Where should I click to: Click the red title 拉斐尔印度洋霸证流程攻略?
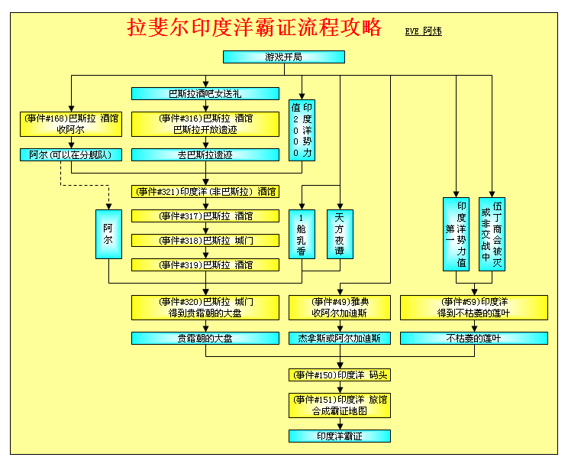click(x=254, y=28)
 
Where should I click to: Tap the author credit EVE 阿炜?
click(x=423, y=31)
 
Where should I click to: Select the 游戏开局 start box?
click(x=284, y=57)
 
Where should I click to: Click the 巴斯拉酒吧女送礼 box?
click(x=205, y=93)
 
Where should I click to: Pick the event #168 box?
click(x=71, y=124)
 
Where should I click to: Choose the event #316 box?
click(x=205, y=124)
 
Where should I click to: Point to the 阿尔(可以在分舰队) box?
click(x=71, y=155)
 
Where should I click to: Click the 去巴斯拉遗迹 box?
click(x=205, y=155)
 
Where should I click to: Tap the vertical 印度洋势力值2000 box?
click(x=302, y=130)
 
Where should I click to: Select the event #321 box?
click(x=205, y=191)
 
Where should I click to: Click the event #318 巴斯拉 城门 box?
click(x=205, y=241)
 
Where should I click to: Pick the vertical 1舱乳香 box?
click(x=302, y=234)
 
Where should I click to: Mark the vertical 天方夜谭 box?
click(x=340, y=234)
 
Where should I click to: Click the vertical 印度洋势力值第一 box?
click(x=456, y=234)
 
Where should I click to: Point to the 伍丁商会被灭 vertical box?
click(x=492, y=234)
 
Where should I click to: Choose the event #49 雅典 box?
click(x=340, y=307)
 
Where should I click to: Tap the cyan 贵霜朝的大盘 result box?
click(x=205, y=339)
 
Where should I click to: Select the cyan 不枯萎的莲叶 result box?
click(x=474, y=339)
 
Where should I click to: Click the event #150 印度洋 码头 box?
click(x=340, y=375)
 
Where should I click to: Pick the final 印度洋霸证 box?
click(x=340, y=436)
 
